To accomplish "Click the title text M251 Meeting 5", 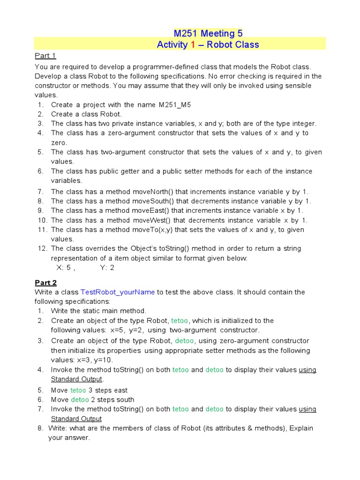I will (x=208, y=33).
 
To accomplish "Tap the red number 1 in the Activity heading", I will (x=192, y=45).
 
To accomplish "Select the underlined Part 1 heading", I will (x=45, y=56).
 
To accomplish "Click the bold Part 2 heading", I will (x=45, y=283).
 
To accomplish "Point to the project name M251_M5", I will (x=175, y=105).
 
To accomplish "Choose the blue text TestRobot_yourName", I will (x=118, y=292).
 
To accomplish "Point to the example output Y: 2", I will (x=107, y=268).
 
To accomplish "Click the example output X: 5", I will (x=64, y=268).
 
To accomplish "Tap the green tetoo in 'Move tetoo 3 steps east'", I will (x=78, y=390).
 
